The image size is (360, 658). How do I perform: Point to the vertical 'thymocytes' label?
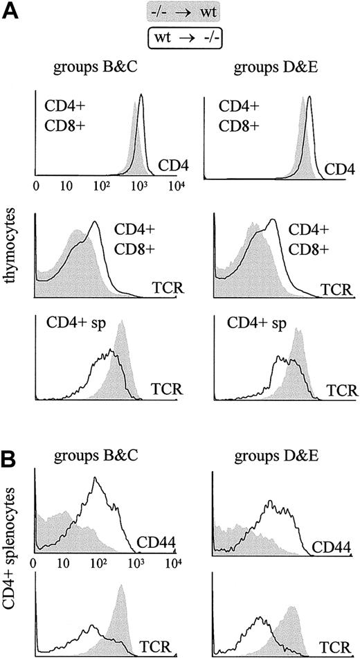12,254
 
